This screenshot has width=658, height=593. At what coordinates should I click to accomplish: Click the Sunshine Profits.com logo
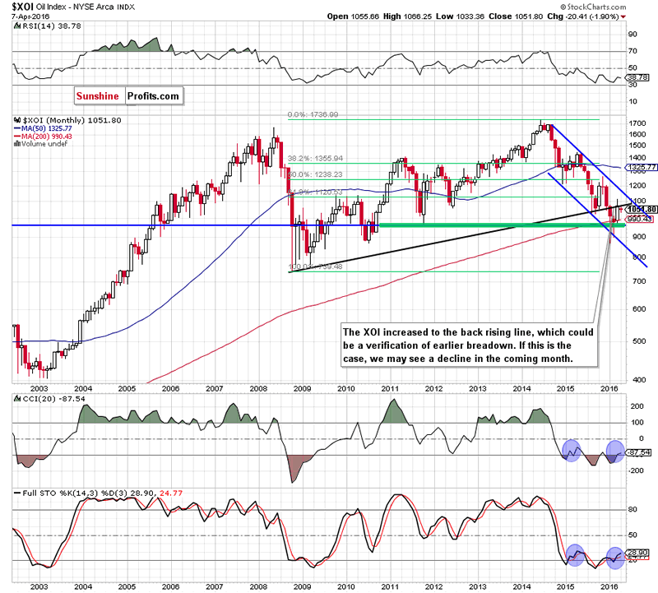(127, 96)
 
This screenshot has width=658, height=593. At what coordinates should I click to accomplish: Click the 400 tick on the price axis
(636, 378)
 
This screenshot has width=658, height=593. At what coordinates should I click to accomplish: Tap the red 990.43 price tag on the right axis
(639, 220)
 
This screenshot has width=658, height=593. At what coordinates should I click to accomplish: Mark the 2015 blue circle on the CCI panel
(571, 449)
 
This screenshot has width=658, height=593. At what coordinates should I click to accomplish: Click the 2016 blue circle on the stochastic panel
(613, 556)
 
